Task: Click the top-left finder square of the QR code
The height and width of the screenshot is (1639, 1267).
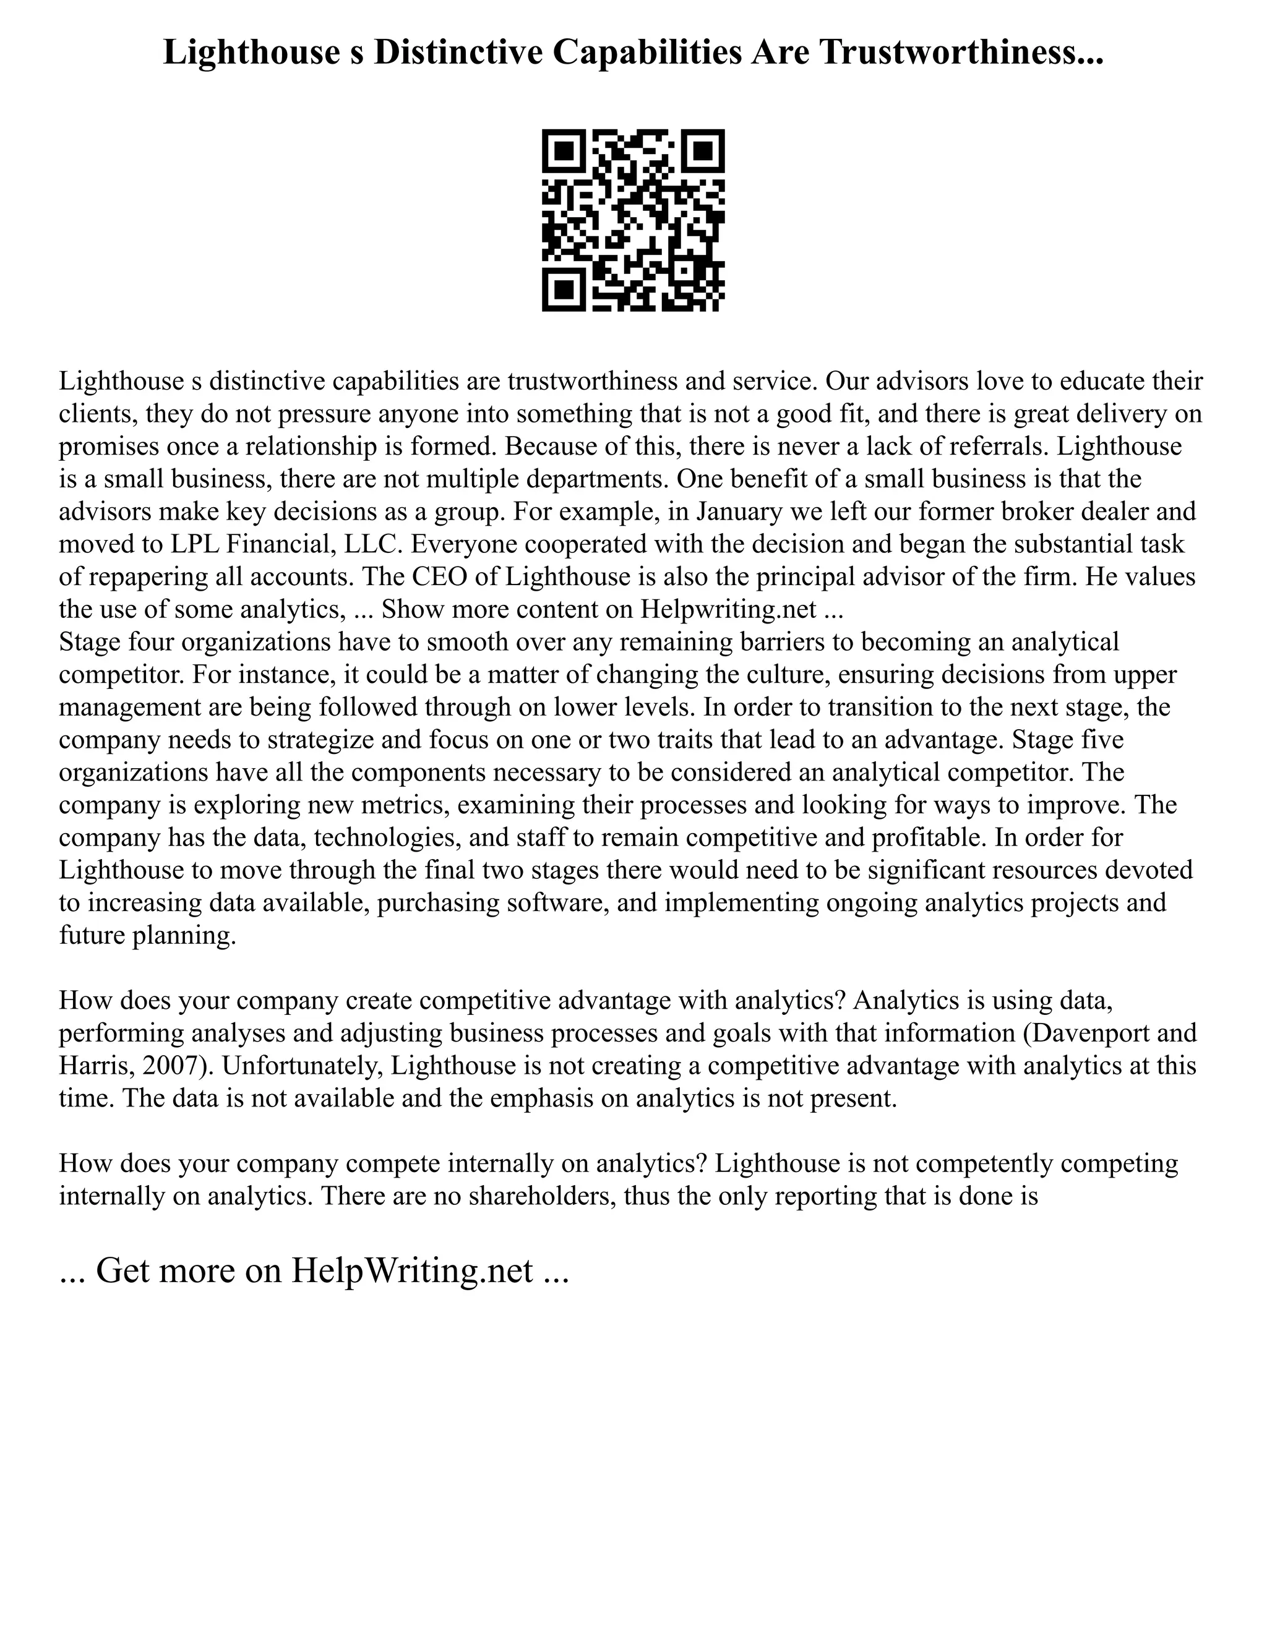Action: pyautogui.click(x=564, y=151)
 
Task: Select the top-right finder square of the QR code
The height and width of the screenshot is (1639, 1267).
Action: pyautogui.click(x=703, y=151)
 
